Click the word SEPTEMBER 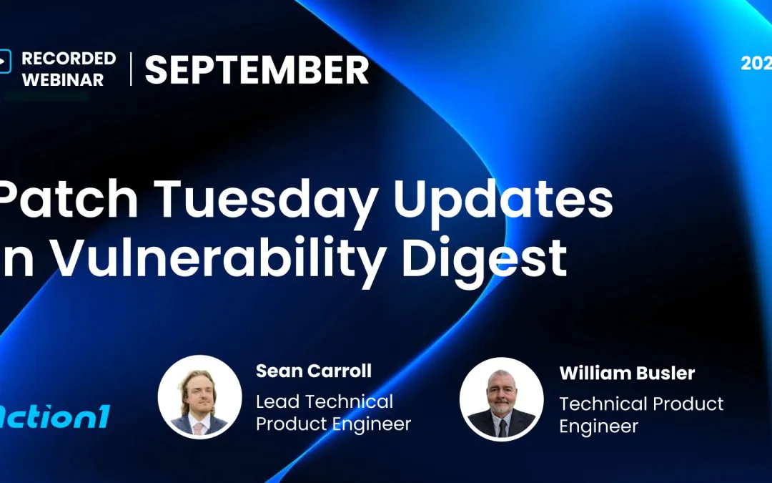tap(257, 70)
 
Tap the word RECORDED tap(69, 58)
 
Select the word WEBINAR tap(63, 79)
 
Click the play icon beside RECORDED tap(4, 61)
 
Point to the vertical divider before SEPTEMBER tap(131, 69)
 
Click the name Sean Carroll tap(313, 371)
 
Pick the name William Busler tap(627, 373)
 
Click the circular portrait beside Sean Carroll tap(199, 396)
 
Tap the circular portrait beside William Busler tap(501, 399)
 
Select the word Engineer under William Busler tap(598, 426)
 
